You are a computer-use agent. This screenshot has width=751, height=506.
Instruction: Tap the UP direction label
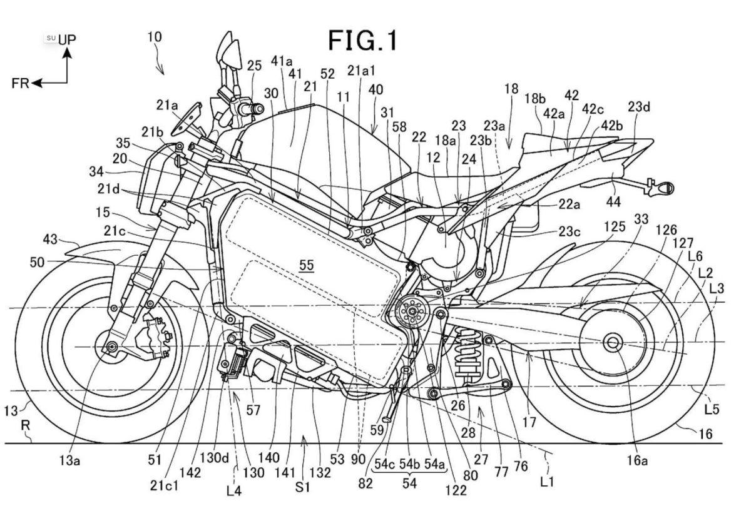pos(67,39)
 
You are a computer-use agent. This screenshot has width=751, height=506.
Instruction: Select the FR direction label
pos(20,83)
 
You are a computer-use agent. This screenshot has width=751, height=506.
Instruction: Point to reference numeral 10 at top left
pos(154,37)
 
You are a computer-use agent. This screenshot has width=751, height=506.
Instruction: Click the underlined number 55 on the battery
pos(306,265)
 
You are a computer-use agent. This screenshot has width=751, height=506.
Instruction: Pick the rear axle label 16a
pos(636,461)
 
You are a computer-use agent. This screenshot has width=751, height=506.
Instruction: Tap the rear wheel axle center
pos(612,342)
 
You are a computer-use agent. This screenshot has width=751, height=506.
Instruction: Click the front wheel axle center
pos(111,347)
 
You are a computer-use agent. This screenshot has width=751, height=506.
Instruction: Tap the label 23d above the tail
pos(639,106)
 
